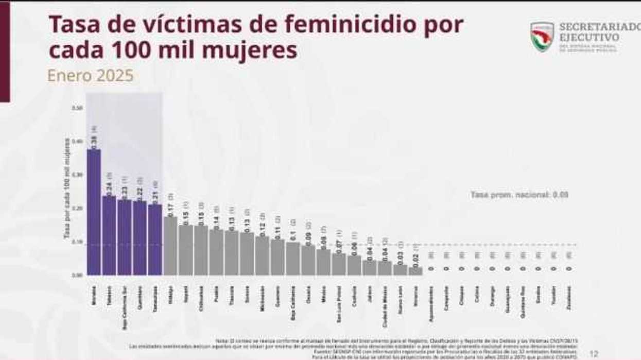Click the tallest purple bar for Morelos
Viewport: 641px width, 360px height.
pyautogui.click(x=94, y=212)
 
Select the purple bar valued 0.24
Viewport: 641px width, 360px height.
pyautogui.click(x=109, y=235)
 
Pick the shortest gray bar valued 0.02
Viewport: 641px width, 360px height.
pyautogui.click(x=415, y=270)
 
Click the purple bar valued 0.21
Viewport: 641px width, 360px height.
pyautogui.click(x=155, y=239)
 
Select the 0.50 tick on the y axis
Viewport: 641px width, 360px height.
pyautogui.click(x=77, y=108)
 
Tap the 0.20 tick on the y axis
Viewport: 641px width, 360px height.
pyautogui.click(x=77, y=208)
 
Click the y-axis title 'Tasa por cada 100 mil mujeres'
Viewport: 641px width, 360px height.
pyautogui.click(x=67, y=188)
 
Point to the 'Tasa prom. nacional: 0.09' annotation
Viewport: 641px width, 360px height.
pyautogui.click(x=519, y=195)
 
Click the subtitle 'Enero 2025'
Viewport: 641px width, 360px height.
pyautogui.click(x=90, y=76)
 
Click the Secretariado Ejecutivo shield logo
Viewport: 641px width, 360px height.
pyautogui.click(x=542, y=37)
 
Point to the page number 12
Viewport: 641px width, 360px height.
pyautogui.click(x=594, y=354)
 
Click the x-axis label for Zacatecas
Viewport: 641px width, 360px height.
pyautogui.click(x=568, y=301)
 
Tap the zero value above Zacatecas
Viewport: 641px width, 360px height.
pyautogui.click(x=568, y=268)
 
